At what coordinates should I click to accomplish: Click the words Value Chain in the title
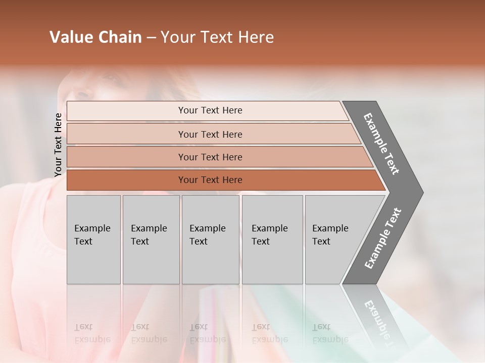click(x=95, y=37)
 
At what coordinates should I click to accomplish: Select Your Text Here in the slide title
click(x=217, y=37)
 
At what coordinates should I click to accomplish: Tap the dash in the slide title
click(x=151, y=38)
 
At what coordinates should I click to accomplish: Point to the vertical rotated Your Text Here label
click(x=58, y=145)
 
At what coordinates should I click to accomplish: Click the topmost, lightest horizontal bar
click(x=210, y=110)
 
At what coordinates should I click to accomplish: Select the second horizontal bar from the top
click(x=210, y=134)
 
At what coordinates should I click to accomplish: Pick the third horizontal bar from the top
click(x=210, y=157)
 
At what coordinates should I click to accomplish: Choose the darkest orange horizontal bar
click(x=210, y=180)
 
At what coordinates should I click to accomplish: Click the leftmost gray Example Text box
click(x=93, y=239)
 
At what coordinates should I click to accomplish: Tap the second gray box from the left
click(x=151, y=239)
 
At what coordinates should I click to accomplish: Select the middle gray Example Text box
click(x=210, y=239)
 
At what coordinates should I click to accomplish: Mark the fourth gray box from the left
click(x=272, y=239)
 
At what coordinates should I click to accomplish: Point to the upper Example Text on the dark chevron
click(x=381, y=144)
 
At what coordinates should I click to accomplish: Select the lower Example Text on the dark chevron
click(x=383, y=238)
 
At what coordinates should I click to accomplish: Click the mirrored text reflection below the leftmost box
click(x=92, y=333)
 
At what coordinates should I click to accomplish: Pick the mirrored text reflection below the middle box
click(x=207, y=333)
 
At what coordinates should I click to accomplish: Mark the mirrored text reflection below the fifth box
click(x=330, y=333)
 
